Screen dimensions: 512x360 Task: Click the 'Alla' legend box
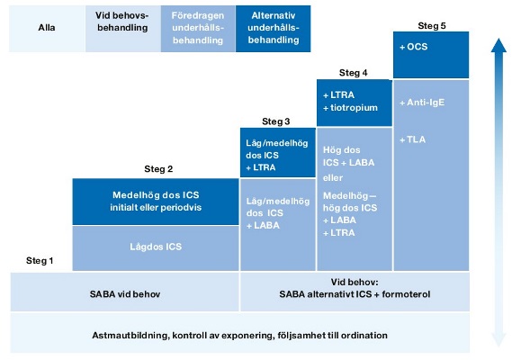pos(47,29)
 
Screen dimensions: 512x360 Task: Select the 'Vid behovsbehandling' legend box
pos(122,29)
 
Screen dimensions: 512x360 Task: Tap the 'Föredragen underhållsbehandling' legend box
pos(198,29)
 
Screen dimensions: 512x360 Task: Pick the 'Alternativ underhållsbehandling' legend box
pos(274,29)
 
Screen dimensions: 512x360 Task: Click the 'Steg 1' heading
pos(40,261)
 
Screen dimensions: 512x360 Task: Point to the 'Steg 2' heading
pos(158,169)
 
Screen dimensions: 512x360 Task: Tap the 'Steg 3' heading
pos(276,121)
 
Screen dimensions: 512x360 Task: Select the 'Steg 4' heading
pos(354,73)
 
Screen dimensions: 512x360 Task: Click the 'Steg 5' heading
pos(432,26)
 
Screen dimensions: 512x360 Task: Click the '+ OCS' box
pos(431,55)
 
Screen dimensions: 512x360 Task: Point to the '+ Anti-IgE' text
pos(422,103)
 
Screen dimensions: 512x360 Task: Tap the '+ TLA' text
pos(413,139)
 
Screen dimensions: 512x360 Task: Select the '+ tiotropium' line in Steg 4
pos(350,108)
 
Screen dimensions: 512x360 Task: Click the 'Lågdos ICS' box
pos(156,248)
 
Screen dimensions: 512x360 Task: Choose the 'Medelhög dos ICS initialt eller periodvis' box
pos(156,202)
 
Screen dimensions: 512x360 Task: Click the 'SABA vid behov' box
pos(125,292)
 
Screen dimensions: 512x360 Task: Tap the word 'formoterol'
pos(406,294)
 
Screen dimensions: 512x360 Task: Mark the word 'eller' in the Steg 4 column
pos(333,178)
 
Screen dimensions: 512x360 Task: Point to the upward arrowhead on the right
pos(499,45)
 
